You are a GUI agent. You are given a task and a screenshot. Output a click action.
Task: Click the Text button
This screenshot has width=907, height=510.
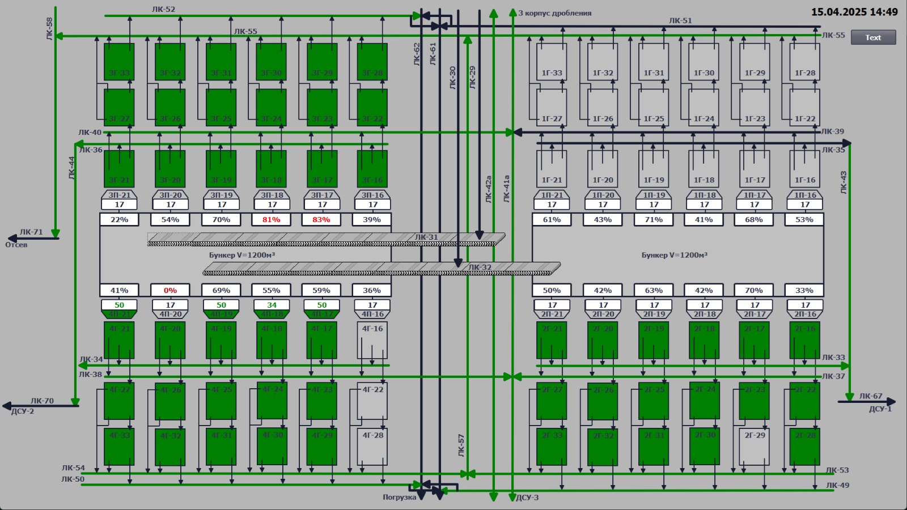(x=873, y=37)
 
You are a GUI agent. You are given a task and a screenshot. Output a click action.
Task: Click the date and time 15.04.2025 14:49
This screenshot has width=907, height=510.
(x=854, y=12)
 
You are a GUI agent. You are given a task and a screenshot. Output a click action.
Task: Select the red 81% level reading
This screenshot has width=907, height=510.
(x=271, y=219)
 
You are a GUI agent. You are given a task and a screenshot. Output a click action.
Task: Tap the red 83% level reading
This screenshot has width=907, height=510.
(x=321, y=219)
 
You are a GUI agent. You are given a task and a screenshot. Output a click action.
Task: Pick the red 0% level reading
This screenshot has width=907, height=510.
(x=170, y=290)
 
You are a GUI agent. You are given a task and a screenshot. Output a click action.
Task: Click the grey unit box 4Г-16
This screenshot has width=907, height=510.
(x=372, y=340)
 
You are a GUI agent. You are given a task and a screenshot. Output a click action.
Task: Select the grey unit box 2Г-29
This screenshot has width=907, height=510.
(x=754, y=447)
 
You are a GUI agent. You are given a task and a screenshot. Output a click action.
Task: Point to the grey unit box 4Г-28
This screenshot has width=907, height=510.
(x=372, y=447)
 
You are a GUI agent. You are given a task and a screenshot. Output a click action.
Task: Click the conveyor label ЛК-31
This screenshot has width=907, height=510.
(x=426, y=237)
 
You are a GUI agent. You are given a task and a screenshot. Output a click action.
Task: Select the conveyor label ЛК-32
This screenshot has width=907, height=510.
(x=480, y=267)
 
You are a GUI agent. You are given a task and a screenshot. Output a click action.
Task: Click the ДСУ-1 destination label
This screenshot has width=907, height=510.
(x=880, y=409)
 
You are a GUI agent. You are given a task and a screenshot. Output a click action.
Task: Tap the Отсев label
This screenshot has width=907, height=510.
(x=16, y=245)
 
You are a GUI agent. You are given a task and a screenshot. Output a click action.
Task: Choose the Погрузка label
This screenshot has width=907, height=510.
(x=399, y=497)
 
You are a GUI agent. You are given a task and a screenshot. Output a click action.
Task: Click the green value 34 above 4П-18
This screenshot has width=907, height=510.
(x=272, y=305)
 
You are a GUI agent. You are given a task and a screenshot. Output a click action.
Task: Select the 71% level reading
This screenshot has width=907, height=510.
(x=653, y=219)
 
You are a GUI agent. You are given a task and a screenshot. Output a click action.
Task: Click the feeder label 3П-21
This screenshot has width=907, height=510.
(x=119, y=195)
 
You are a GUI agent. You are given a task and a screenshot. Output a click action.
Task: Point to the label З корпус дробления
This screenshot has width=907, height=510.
(x=554, y=13)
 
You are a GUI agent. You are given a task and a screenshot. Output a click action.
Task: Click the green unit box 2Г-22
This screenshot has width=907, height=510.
(x=805, y=401)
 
